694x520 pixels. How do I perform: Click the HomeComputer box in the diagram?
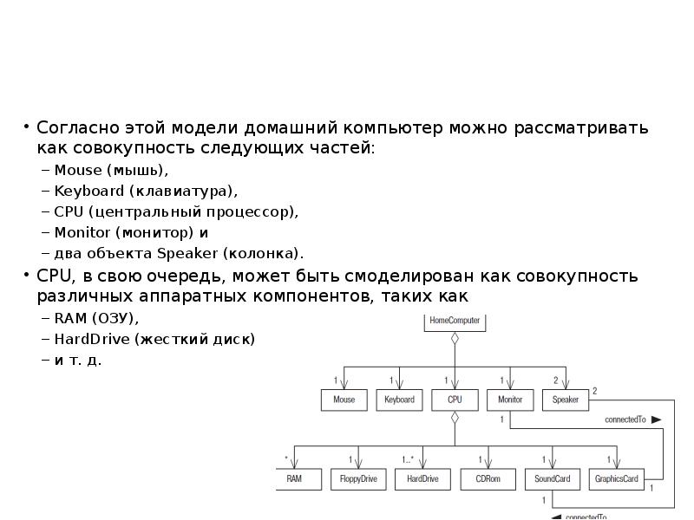tap(454, 321)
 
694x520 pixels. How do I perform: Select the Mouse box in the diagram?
tap(344, 400)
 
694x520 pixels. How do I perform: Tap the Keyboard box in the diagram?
tap(399, 400)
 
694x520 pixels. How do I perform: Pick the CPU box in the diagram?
tap(455, 400)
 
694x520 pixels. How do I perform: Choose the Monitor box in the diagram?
tap(510, 400)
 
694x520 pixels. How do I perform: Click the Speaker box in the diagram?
tap(566, 400)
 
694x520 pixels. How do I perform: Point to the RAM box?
tap(295, 478)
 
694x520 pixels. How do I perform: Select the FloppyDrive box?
tap(358, 478)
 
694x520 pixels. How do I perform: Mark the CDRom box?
tap(488, 478)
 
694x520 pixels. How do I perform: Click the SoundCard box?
tap(552, 478)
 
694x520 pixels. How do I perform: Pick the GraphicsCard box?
tap(616, 478)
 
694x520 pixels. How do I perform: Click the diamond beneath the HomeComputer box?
tap(454, 339)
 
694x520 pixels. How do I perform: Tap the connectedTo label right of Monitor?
tap(625, 419)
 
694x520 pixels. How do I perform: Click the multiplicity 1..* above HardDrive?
tap(408, 459)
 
